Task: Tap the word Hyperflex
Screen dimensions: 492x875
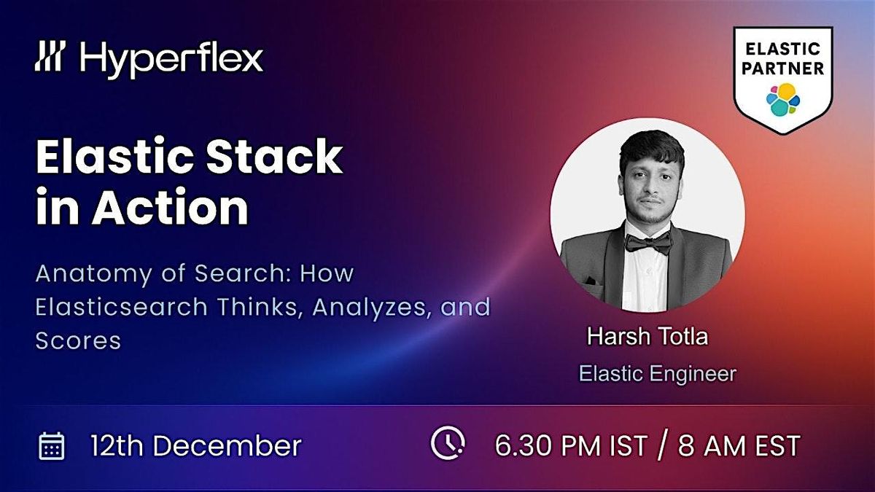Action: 172,58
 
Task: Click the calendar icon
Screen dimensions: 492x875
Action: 52,445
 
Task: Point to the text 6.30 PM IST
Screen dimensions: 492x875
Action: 571,445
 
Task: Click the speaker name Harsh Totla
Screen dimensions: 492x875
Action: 647,338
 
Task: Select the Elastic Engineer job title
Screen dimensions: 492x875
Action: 657,374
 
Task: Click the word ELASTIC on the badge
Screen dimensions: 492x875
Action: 783,49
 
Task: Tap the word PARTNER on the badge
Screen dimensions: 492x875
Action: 783,69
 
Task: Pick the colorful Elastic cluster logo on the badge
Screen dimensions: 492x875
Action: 783,98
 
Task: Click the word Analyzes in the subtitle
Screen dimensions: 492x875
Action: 378,307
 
